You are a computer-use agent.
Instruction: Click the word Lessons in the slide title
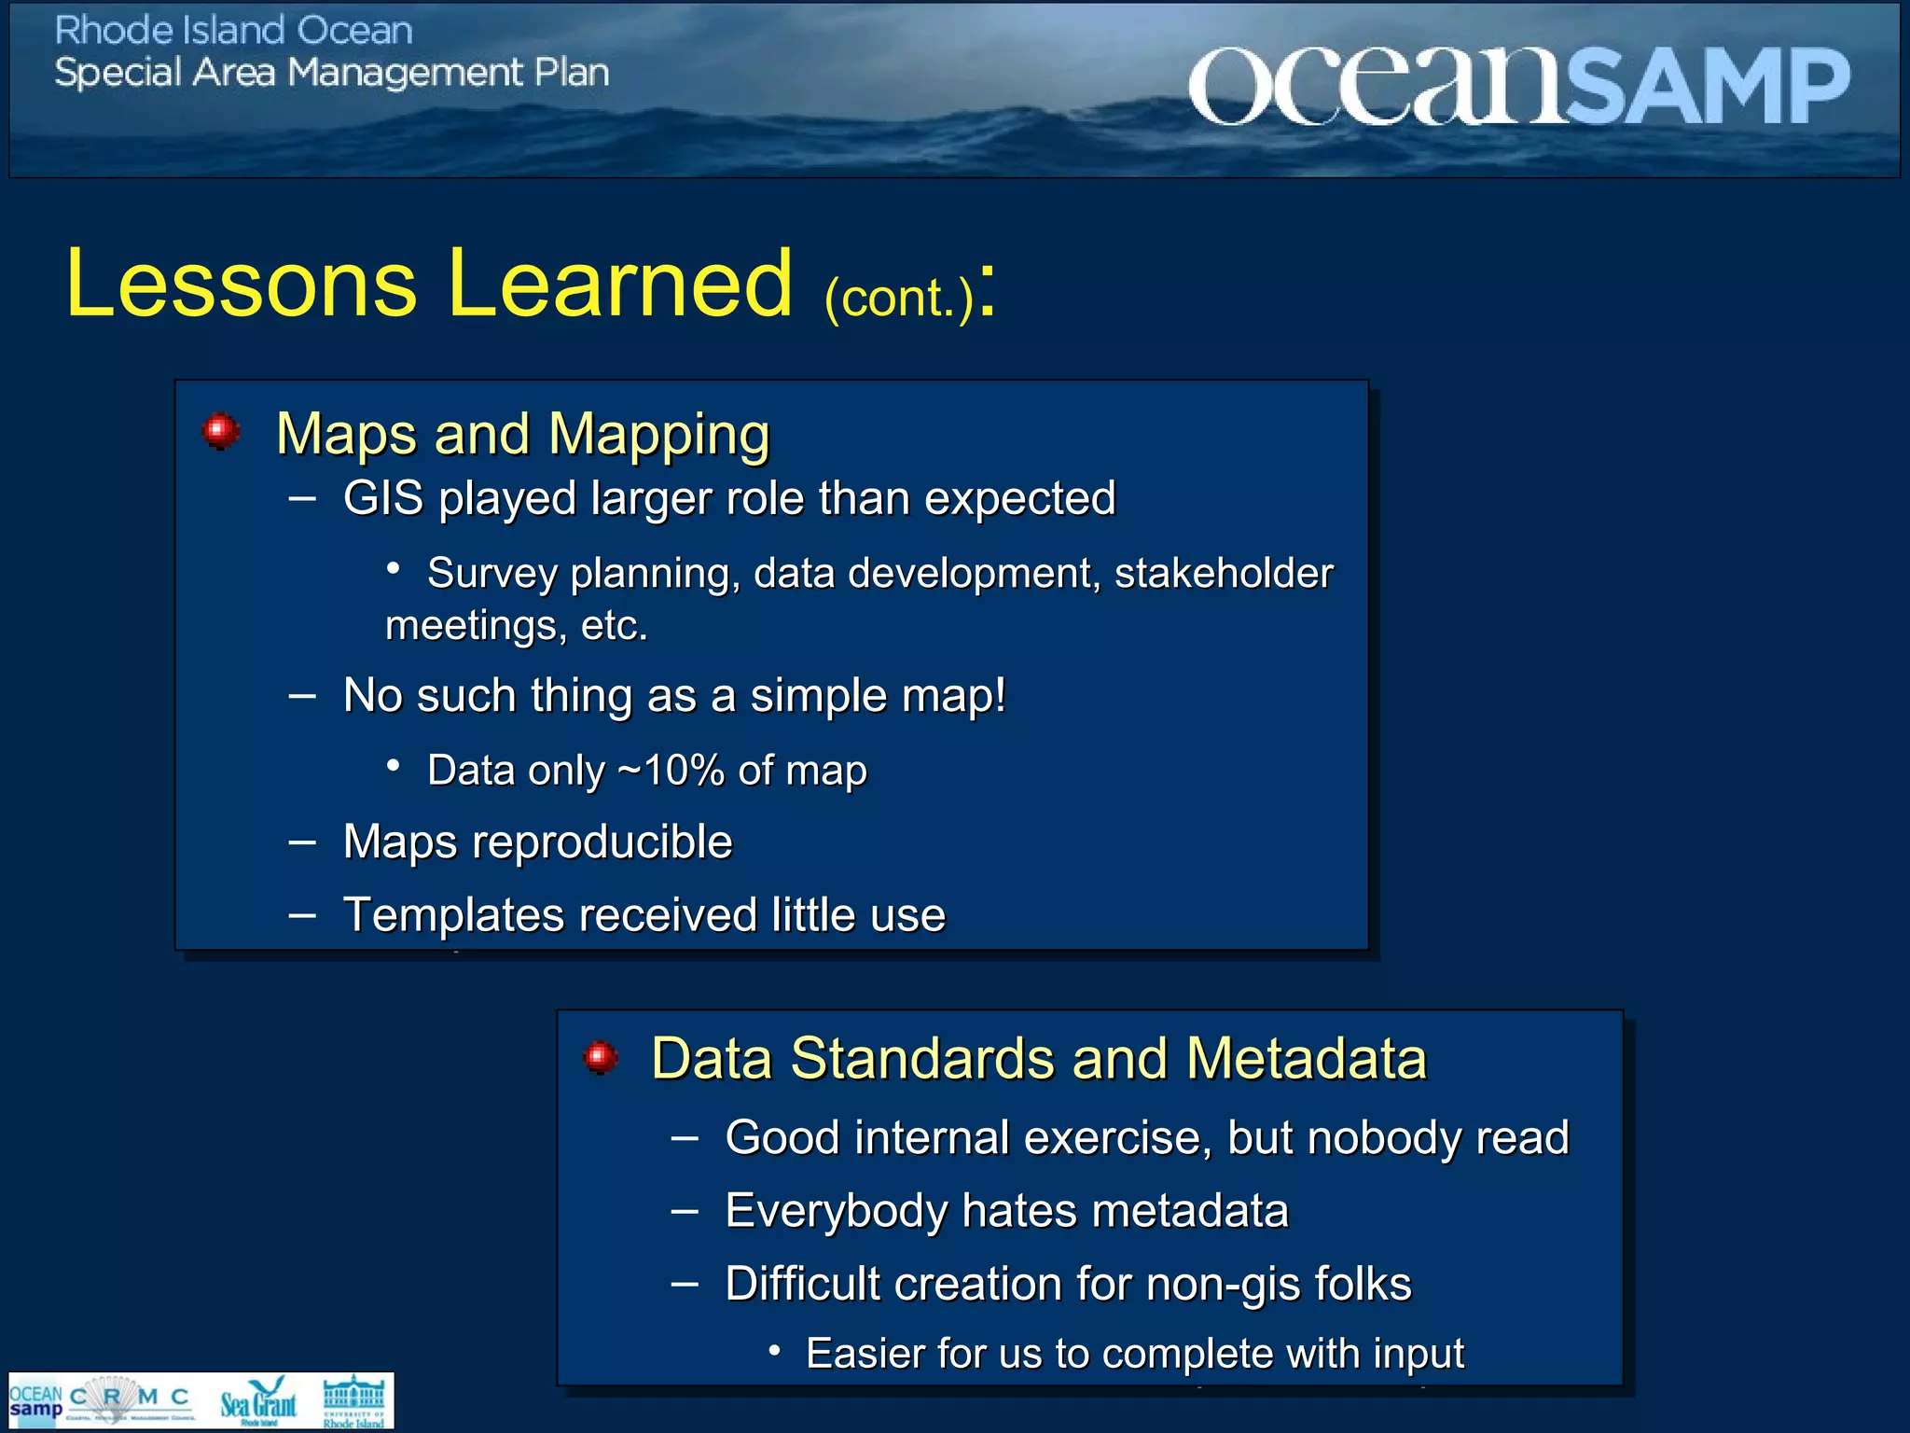241,284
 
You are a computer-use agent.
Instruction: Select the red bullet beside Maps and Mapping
221,431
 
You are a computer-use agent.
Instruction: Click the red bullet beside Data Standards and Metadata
601,1057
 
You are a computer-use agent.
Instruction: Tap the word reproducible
602,842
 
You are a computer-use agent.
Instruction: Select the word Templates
453,915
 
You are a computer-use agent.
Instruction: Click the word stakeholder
1223,574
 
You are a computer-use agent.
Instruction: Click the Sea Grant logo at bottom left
258,1400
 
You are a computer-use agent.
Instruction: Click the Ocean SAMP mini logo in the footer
35,1400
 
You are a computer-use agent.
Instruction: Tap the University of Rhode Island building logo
353,1400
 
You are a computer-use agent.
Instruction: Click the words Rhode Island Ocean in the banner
233,31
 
